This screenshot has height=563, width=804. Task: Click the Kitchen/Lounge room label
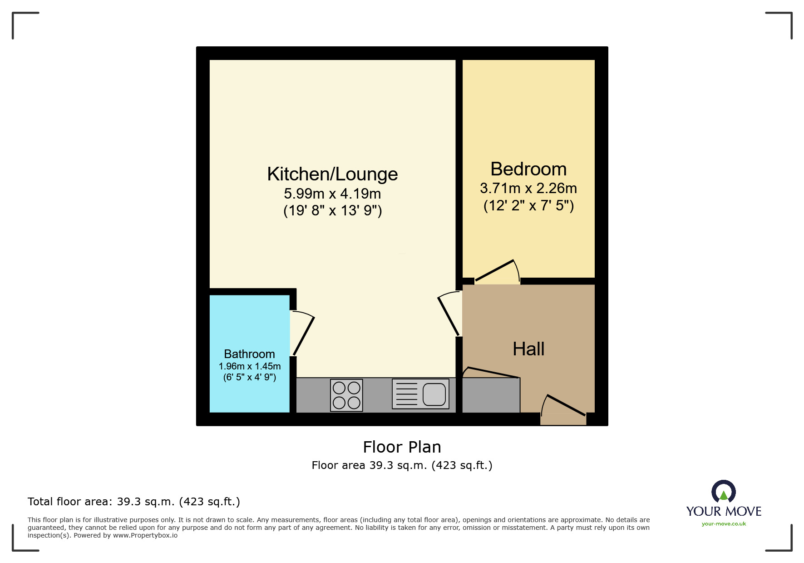332,174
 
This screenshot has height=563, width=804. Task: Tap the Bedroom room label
528,169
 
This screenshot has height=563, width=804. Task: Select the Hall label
528,349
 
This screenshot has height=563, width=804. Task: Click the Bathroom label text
249,354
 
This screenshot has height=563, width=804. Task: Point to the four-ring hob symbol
346,395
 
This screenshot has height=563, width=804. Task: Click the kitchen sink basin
434,394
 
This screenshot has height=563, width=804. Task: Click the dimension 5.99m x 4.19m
332,194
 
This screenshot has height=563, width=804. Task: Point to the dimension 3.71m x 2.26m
528,188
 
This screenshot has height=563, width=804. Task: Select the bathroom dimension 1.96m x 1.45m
249,366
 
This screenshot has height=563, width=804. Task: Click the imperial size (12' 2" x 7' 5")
528,205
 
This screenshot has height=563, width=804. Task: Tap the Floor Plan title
402,447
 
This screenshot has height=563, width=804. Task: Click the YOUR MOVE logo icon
723,492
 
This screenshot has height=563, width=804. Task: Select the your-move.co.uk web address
724,524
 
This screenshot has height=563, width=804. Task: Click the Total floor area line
133,502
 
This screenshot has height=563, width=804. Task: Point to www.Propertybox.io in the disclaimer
145,535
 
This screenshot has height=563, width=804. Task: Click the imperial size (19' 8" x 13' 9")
332,211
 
